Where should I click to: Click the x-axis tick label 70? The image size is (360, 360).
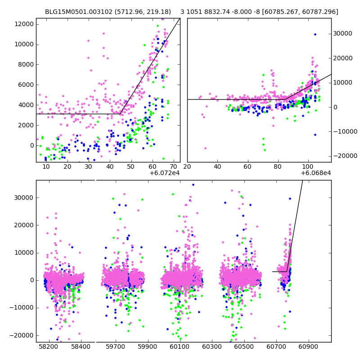(173, 166)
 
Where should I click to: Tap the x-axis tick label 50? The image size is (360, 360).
(131, 166)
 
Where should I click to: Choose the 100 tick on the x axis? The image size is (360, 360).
(308, 166)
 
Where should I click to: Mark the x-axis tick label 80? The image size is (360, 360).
(278, 166)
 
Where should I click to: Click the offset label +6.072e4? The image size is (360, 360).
(165, 173)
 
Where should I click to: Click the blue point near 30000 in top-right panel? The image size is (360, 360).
(315, 34)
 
